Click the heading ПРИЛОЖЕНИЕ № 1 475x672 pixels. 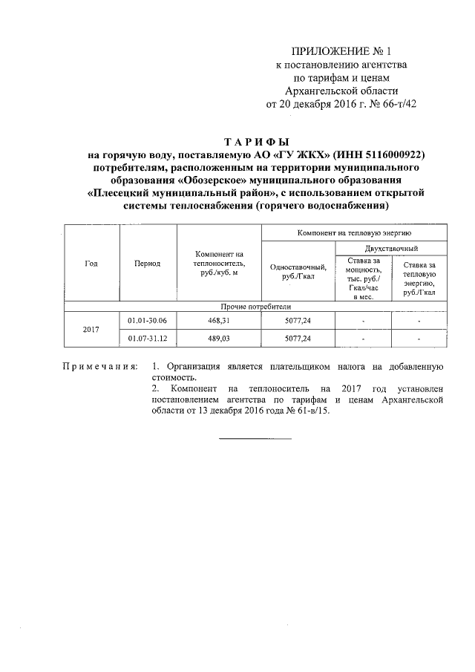coord(341,51)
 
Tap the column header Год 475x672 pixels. coord(91,264)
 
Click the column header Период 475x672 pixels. coord(148,264)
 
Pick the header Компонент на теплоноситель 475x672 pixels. coord(219,261)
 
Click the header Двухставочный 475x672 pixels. coord(390,247)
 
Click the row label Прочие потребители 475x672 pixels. coord(255,305)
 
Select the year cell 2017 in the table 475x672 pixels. coord(91,329)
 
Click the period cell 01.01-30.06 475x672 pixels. coord(148,320)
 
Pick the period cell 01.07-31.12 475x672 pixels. coord(148,339)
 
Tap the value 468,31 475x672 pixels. coord(219,320)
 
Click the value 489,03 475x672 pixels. coord(219,339)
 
